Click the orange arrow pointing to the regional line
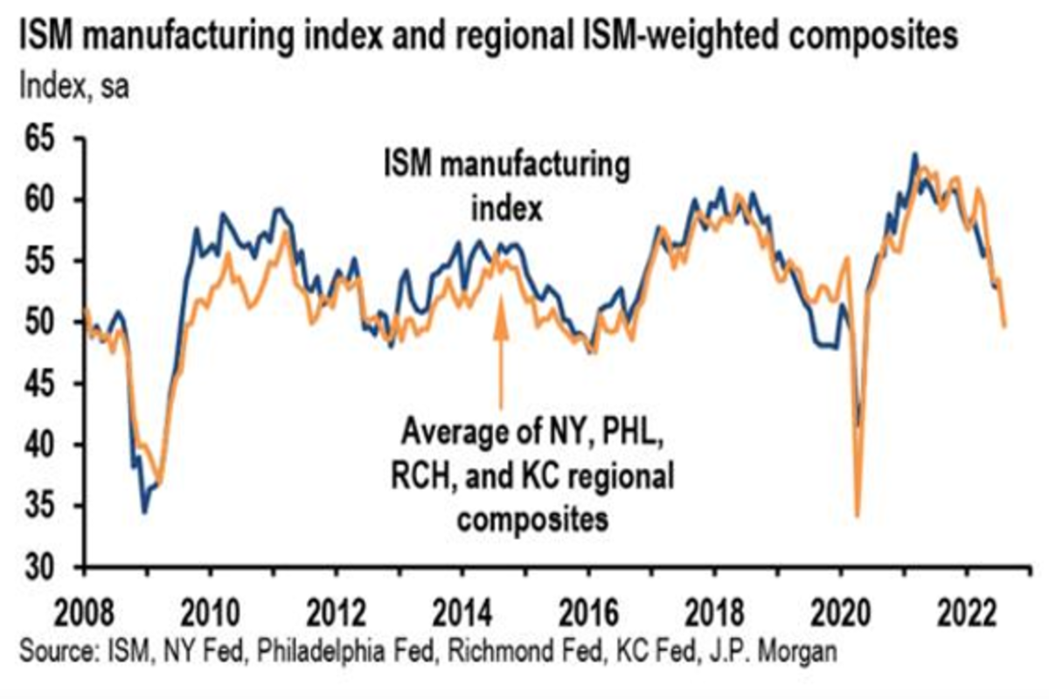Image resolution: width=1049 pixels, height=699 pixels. [x=501, y=349]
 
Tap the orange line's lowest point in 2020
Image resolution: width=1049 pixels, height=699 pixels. [x=858, y=516]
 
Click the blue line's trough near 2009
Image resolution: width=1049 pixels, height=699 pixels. [x=144, y=511]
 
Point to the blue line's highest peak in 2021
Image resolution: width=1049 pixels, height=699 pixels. [x=914, y=155]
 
